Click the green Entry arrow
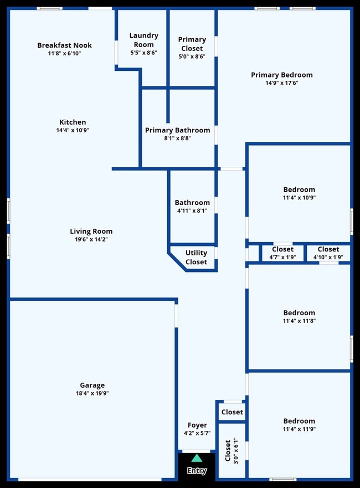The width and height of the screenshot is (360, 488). [197, 458]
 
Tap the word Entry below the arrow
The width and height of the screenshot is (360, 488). [197, 471]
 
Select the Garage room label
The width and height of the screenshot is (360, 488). [92, 386]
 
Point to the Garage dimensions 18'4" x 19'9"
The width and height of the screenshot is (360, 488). [92, 394]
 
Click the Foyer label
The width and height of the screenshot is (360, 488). [197, 425]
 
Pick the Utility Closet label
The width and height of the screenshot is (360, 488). [196, 258]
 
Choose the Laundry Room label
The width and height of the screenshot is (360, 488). [143, 40]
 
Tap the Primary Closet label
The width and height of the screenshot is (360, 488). [192, 44]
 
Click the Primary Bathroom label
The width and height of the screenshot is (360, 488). [177, 130]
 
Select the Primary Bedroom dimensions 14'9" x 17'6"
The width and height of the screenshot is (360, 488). [281, 83]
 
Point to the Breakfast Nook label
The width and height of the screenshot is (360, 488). [64, 45]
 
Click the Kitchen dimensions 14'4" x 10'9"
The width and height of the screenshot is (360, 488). [73, 130]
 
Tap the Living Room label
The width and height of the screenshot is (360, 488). [91, 232]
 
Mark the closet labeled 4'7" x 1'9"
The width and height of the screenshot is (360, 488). [282, 253]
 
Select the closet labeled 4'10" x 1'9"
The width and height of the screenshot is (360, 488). [328, 253]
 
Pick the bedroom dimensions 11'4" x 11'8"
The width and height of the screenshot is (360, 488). [299, 321]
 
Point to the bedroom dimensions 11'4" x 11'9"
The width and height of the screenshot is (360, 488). [299, 429]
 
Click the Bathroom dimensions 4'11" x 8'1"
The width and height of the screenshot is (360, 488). [192, 210]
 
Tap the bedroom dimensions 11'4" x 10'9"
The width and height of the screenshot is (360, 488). [299, 198]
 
